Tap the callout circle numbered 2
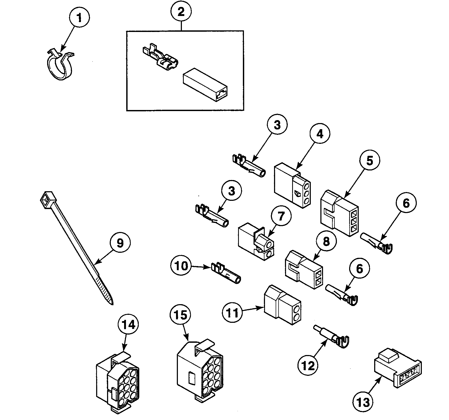point(181,12)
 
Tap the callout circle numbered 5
point(370,161)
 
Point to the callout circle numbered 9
point(120,243)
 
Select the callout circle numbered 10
point(181,266)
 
